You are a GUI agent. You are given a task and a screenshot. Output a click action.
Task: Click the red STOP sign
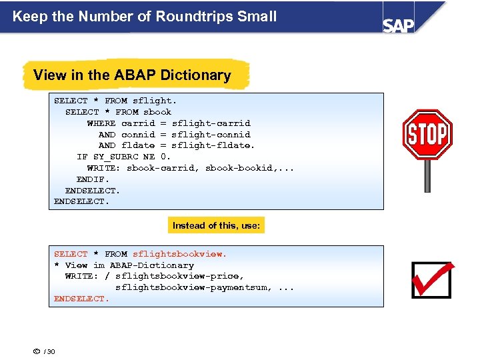427,135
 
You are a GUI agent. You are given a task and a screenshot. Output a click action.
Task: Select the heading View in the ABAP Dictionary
132,75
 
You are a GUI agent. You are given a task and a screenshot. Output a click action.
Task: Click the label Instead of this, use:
216,225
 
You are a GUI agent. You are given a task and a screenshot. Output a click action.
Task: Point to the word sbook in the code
158,112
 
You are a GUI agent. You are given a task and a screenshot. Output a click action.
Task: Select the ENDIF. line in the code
93,179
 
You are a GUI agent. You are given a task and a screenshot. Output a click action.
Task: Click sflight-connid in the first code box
211,135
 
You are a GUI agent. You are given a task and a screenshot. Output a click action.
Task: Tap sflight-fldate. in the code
213,145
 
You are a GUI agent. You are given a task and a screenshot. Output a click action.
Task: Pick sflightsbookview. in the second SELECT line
180,254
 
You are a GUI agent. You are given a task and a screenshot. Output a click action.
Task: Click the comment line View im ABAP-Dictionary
124,265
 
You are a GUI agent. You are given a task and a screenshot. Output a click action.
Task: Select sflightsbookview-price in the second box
179,276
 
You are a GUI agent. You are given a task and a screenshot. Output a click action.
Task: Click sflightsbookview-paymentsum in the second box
193,287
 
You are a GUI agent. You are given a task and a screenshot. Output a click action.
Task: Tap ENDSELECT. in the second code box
81,299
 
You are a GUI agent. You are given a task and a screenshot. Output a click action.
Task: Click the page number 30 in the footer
51,351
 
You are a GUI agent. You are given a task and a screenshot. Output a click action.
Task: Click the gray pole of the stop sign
427,177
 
